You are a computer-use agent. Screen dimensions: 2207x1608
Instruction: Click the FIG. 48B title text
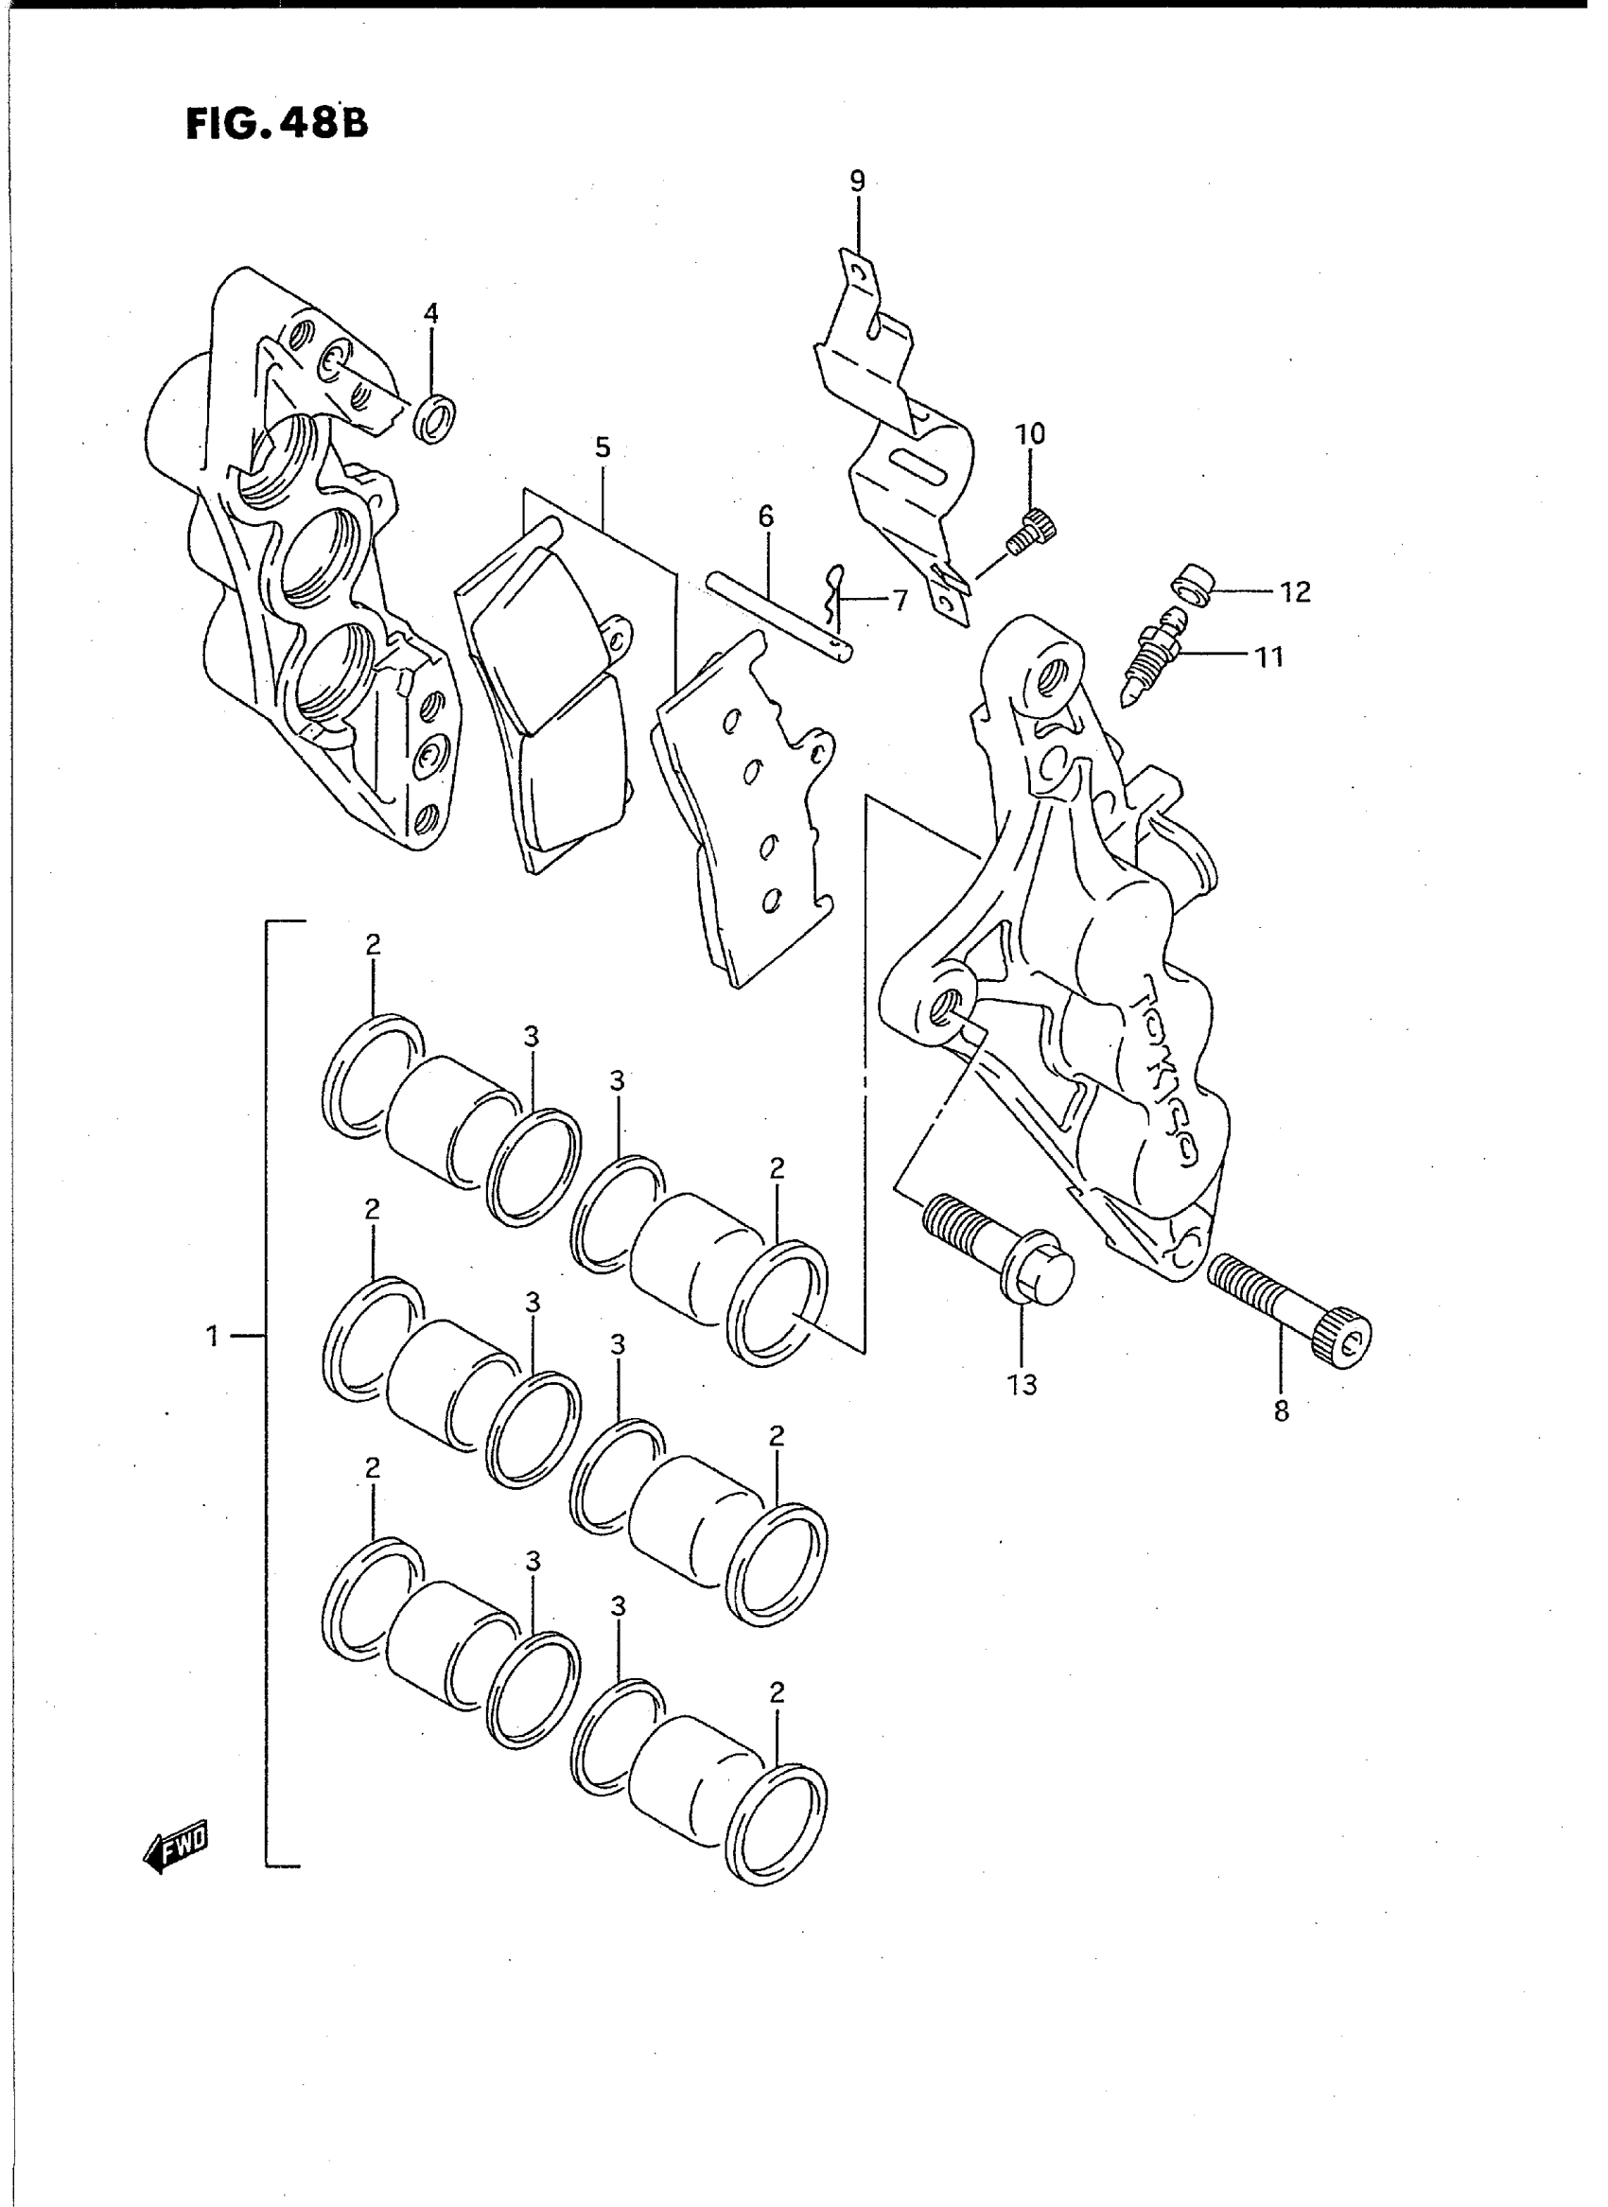[277, 124]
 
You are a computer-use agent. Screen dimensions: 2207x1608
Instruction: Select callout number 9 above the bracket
[858, 181]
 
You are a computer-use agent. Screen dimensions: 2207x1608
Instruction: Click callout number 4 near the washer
[430, 313]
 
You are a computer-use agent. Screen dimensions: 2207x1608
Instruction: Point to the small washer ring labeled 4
[437, 417]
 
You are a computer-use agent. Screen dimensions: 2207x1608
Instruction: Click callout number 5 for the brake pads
[603, 447]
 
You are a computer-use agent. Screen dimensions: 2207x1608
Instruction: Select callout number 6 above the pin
[766, 517]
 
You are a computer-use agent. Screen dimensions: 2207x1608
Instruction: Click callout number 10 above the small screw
[1030, 434]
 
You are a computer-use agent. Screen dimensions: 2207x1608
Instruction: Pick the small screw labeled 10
[1032, 532]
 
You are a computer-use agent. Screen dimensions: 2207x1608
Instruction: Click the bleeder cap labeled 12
[1192, 582]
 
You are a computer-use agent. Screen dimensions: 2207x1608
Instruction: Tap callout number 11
[1269, 657]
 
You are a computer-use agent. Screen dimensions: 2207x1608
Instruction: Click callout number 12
[1296, 592]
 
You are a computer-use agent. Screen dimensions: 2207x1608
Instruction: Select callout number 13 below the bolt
[1022, 1384]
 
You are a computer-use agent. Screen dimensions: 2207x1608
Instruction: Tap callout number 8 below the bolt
[1281, 1410]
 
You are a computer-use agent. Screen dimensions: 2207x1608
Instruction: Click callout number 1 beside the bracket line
[212, 1337]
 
